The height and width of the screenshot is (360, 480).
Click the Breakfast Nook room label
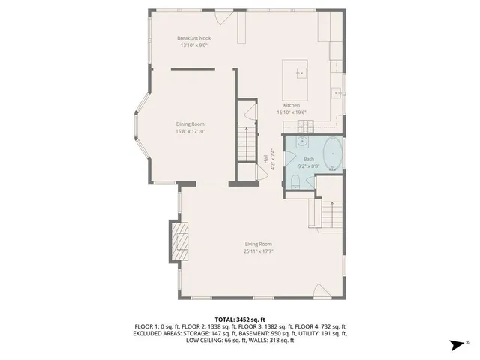tap(193, 38)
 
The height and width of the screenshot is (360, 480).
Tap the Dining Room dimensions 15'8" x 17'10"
tap(190, 131)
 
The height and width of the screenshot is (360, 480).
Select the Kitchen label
tap(292, 105)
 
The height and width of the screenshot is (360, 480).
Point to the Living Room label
tap(257, 244)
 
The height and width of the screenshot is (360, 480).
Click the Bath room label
tap(309, 159)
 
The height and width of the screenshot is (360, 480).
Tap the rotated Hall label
tap(266, 160)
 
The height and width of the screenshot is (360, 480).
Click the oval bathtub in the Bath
tap(331, 154)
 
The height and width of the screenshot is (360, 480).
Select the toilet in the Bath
tap(296, 180)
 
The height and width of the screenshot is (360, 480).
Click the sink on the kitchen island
tap(301, 73)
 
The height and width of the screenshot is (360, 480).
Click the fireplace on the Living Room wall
tap(178, 241)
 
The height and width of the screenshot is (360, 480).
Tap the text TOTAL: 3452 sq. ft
tap(240, 319)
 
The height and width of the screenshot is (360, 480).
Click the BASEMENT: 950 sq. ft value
tap(285, 334)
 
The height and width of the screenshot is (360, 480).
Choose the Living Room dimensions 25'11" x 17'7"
tap(257, 251)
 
